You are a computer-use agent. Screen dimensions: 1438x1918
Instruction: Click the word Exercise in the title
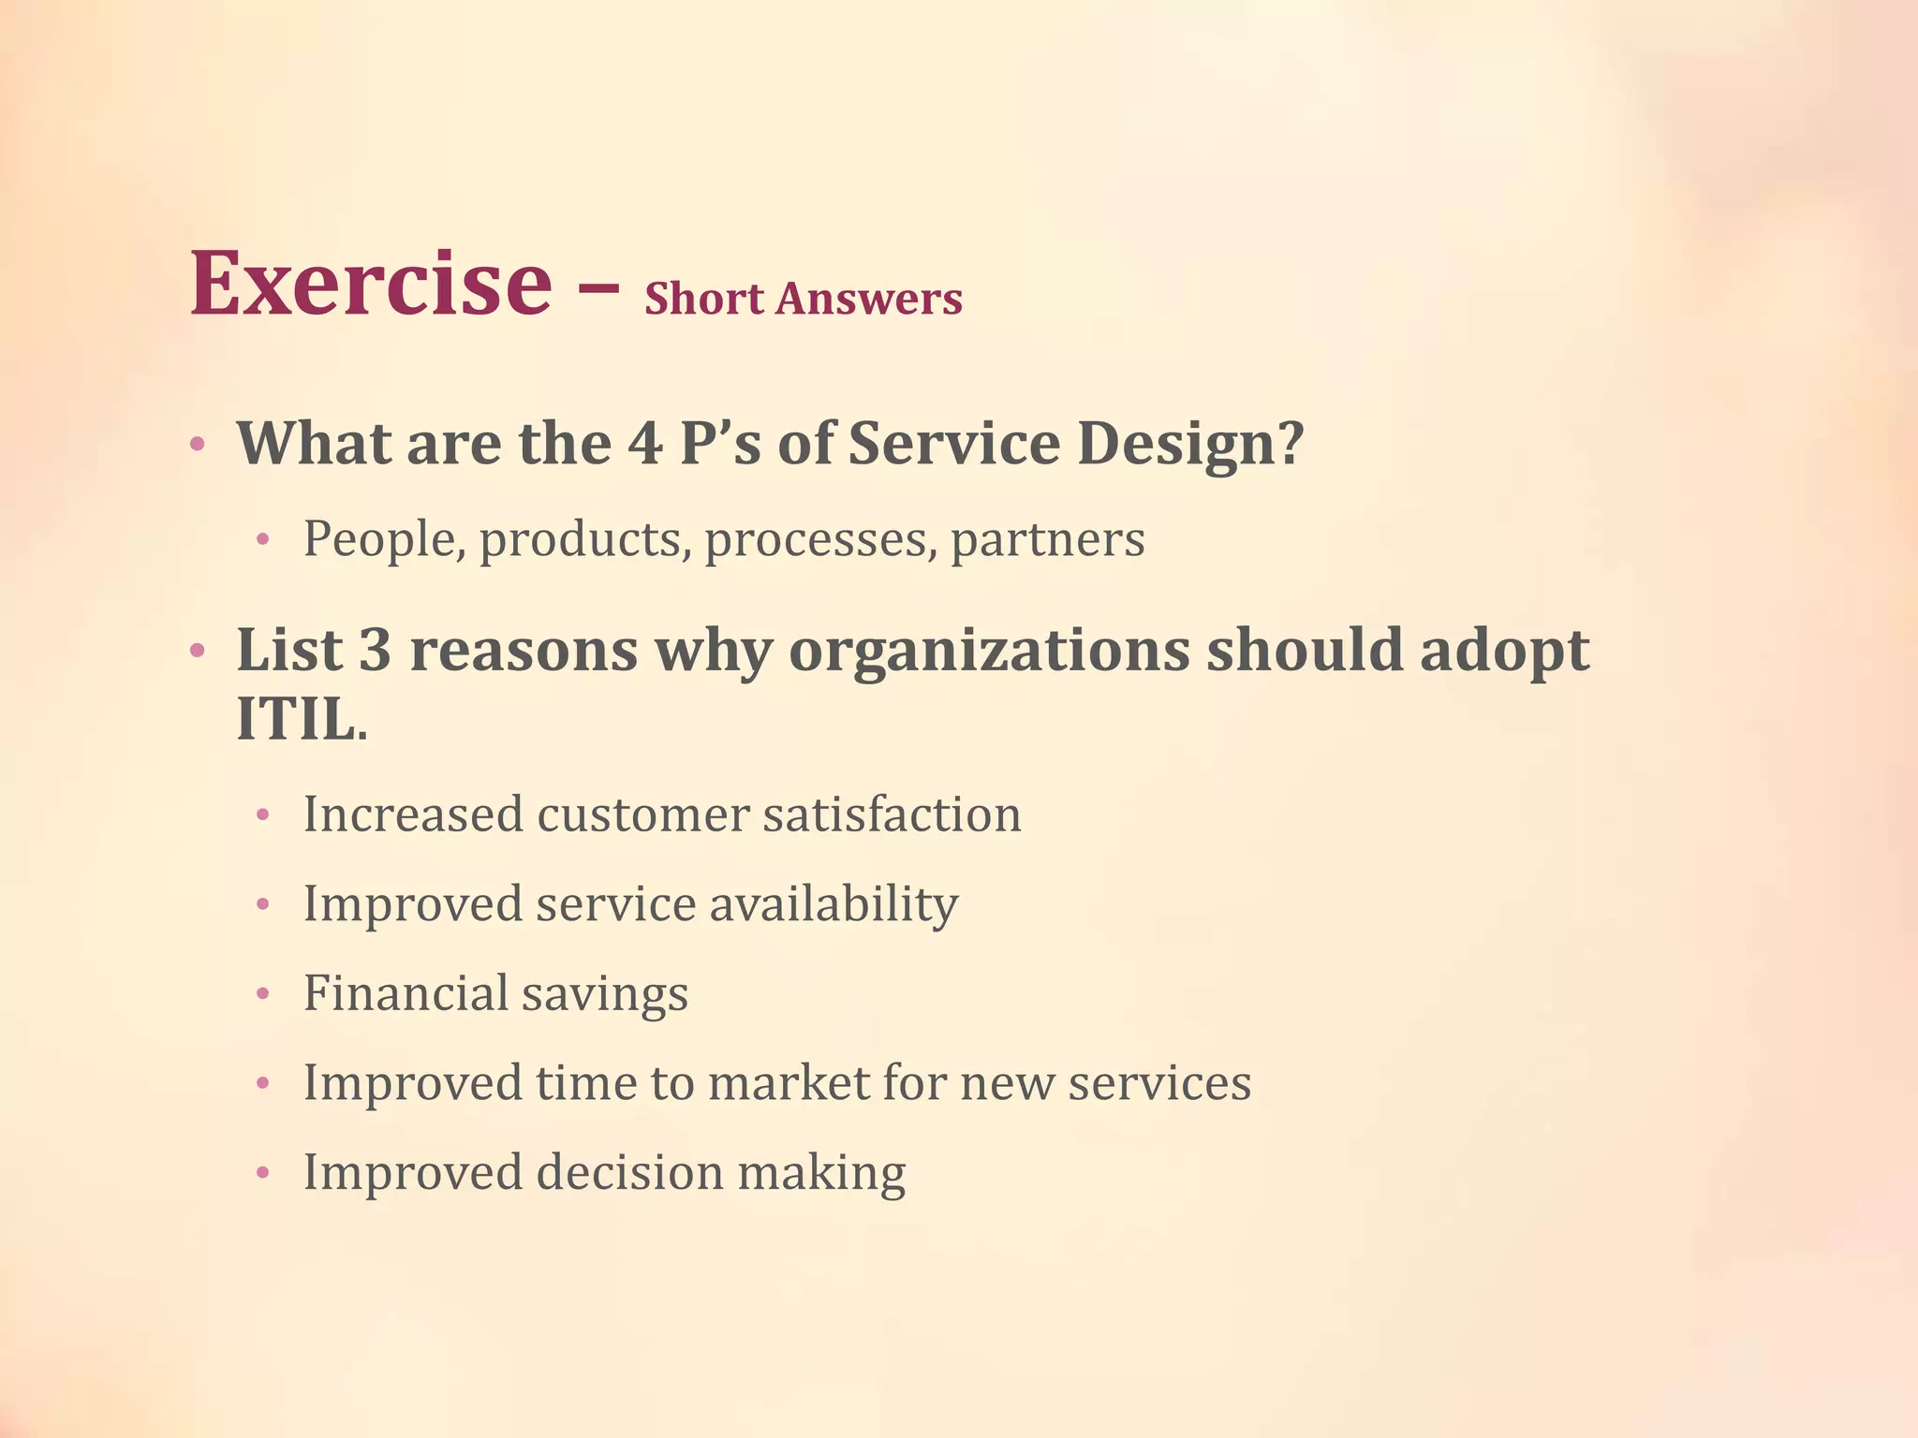click(x=371, y=283)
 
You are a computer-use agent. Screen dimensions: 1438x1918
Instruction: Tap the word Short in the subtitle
click(x=704, y=300)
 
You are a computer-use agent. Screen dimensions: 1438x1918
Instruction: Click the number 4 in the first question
click(x=645, y=444)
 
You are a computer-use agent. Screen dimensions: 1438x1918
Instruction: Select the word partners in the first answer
click(x=1047, y=540)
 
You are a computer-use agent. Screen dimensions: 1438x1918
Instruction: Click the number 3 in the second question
click(x=375, y=650)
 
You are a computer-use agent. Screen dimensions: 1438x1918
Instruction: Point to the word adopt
click(x=1504, y=650)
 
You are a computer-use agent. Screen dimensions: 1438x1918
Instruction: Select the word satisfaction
click(x=891, y=814)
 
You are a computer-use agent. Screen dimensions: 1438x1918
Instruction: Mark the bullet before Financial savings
click(x=263, y=994)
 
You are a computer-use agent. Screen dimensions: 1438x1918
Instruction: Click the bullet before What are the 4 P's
click(x=197, y=445)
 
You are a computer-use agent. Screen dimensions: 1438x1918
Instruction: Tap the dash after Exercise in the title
click(x=598, y=290)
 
